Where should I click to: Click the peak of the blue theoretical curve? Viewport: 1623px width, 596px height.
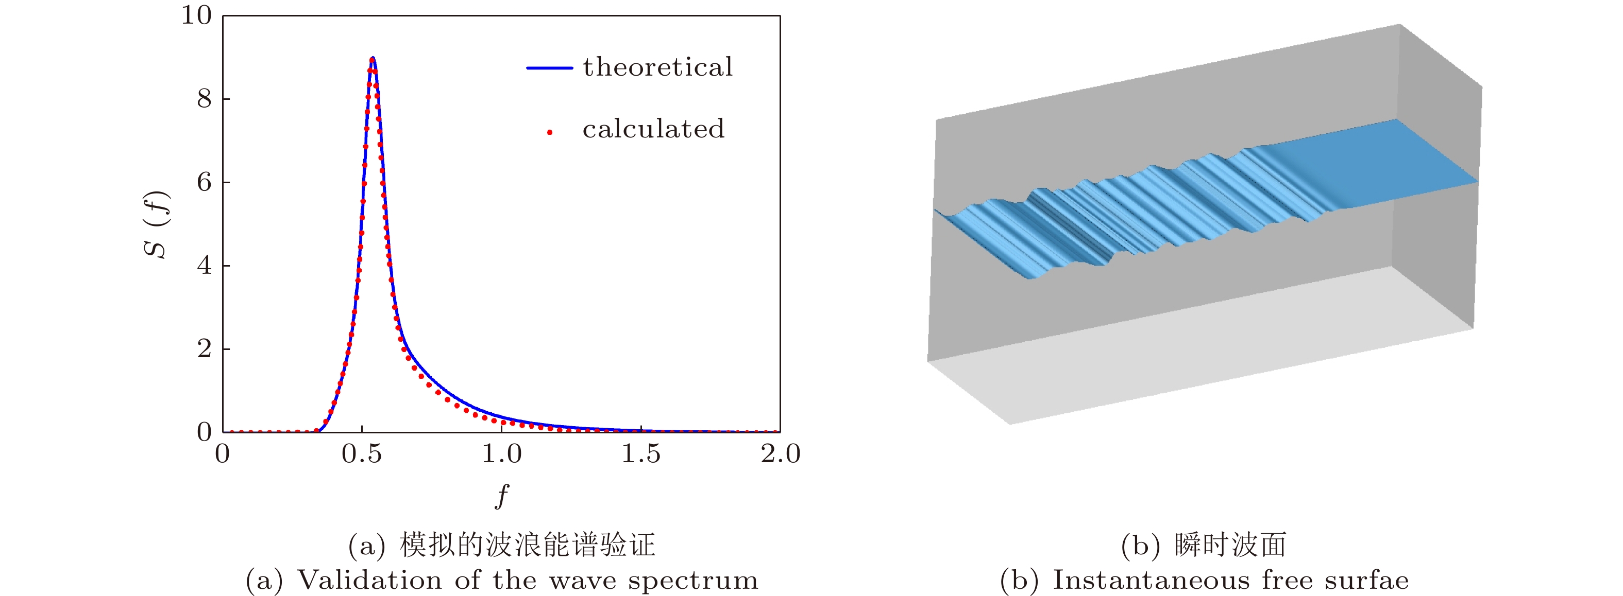click(x=373, y=58)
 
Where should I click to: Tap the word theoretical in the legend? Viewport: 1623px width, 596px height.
click(x=658, y=67)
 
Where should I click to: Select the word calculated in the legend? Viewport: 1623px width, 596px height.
click(x=653, y=129)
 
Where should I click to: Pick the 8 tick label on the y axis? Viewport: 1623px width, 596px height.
click(x=204, y=99)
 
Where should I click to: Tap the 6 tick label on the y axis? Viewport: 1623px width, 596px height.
click(x=204, y=183)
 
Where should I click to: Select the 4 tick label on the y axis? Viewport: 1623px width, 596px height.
click(x=204, y=266)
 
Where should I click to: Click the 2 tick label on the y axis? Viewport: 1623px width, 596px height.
click(x=204, y=348)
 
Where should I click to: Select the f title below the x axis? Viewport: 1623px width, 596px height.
click(x=501, y=496)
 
